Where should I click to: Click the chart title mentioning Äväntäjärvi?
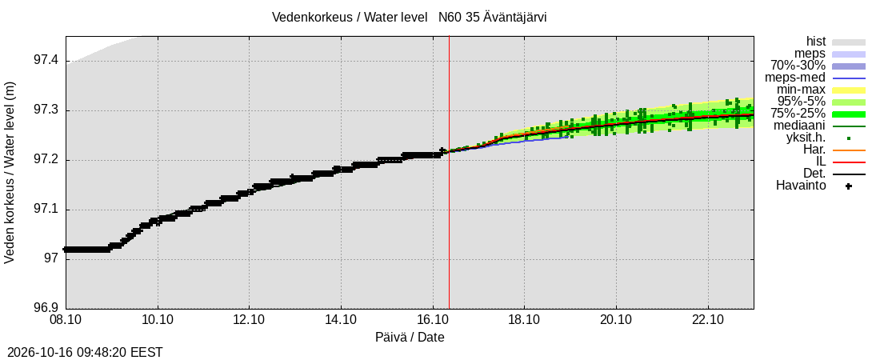coord(409,17)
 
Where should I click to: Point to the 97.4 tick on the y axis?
coord(47,62)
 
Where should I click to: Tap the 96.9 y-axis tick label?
coord(47,309)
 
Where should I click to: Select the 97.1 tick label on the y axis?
coord(47,210)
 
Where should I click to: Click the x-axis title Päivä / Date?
coord(410,338)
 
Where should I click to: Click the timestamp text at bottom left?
coord(82,352)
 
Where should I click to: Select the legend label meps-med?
coord(800,78)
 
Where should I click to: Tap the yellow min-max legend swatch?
coord(849,90)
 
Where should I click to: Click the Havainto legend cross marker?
coord(849,186)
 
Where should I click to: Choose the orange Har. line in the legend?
coord(849,150)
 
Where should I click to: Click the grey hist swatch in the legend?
coord(849,42)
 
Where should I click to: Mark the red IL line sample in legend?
coord(849,162)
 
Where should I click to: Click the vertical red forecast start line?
coord(449,173)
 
